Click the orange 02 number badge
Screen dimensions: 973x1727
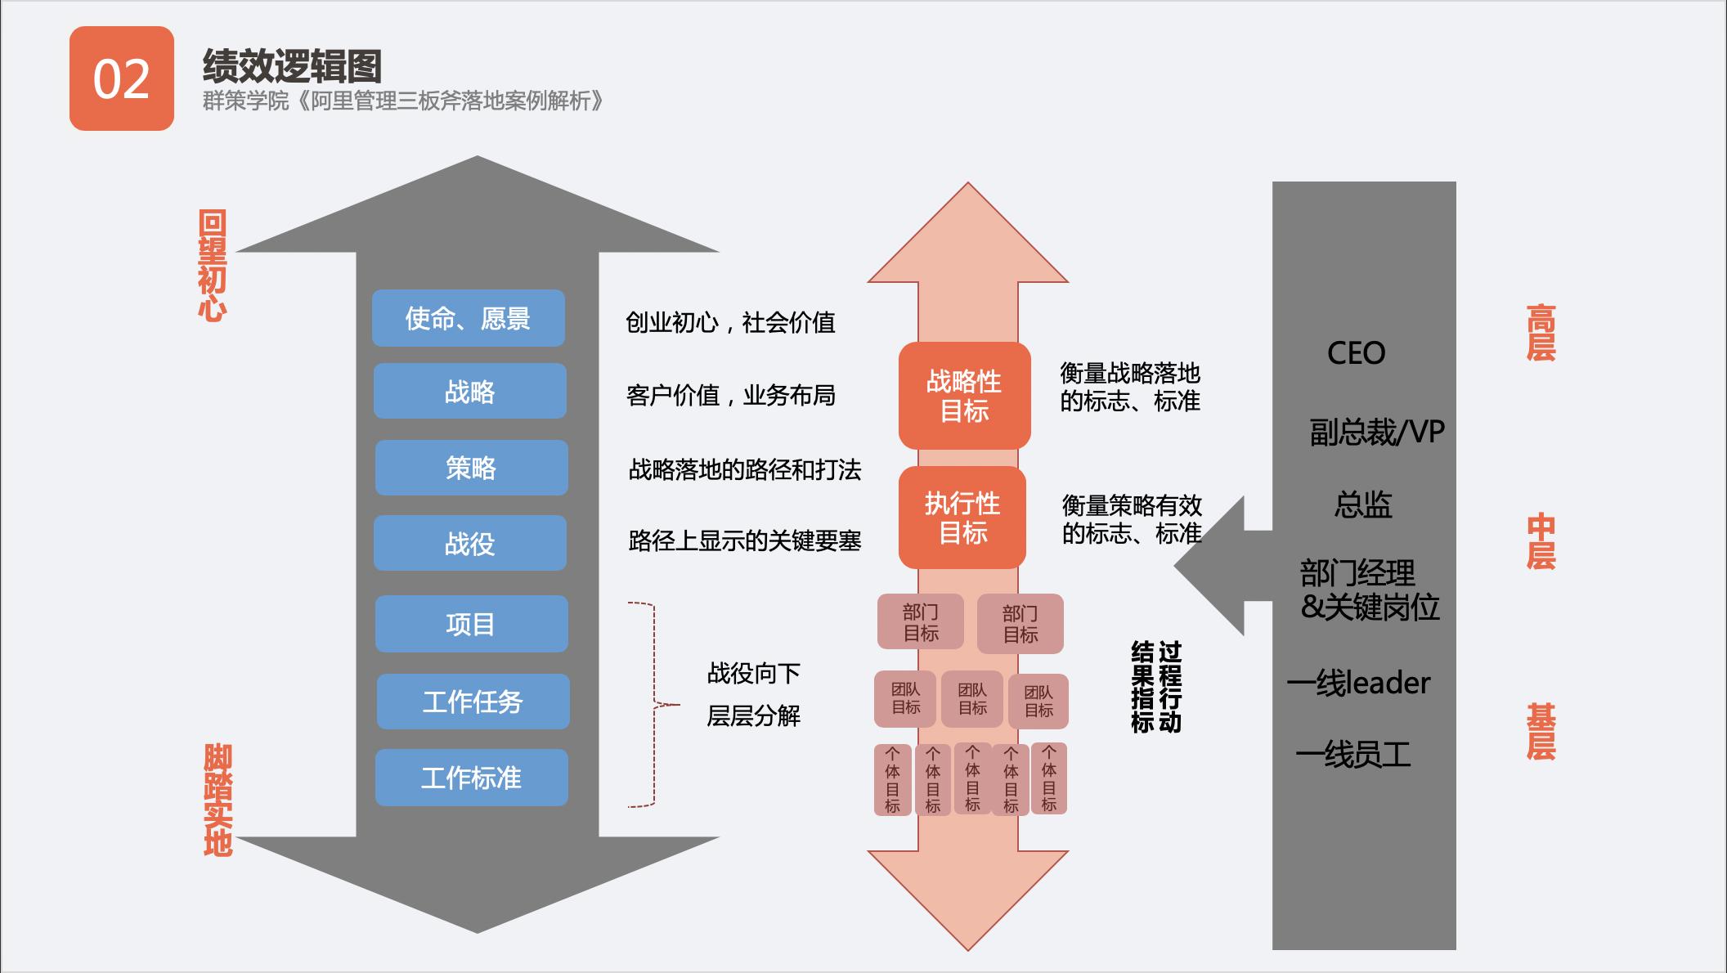[122, 78]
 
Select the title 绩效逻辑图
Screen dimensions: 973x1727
[292, 66]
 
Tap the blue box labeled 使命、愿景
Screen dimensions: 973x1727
[469, 318]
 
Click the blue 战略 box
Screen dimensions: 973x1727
[470, 392]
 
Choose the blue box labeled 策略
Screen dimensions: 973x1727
[471, 468]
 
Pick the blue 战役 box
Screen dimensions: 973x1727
[470, 543]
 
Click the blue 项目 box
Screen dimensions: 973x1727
[471, 624]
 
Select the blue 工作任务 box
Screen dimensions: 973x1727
[473, 702]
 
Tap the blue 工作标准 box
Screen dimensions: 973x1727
[471, 778]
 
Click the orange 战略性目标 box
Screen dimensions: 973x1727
[964, 396]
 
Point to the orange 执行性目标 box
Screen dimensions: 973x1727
[962, 518]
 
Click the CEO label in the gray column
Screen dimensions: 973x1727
[1356, 353]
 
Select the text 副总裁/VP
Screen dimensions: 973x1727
[1377, 432]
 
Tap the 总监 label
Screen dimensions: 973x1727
[1363, 504]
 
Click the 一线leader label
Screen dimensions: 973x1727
[1359, 683]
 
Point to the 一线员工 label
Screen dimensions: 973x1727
[1354, 754]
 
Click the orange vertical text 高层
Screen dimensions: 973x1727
[1541, 333]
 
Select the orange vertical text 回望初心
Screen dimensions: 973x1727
[212, 266]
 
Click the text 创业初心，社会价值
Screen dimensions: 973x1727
[730, 323]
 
